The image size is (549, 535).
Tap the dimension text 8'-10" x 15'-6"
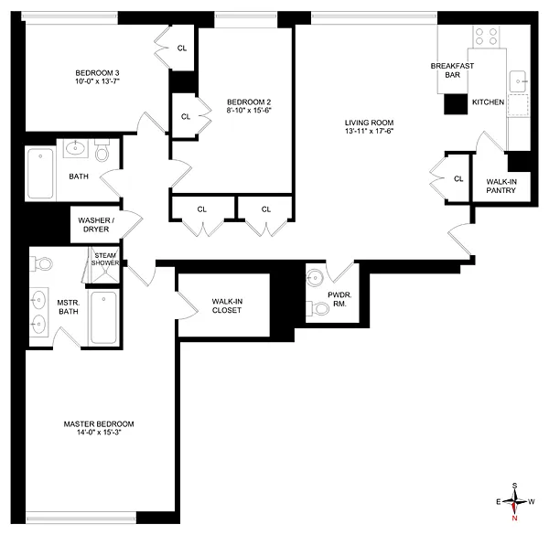(x=250, y=111)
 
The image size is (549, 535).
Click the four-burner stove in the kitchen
(x=487, y=37)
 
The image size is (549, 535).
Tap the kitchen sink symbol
(x=519, y=79)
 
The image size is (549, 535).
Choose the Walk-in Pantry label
(x=501, y=187)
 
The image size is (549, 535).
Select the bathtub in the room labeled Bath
(x=39, y=174)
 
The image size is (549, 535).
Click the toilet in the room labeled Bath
(x=101, y=150)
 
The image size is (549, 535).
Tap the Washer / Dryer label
(x=95, y=225)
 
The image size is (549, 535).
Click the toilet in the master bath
(x=43, y=264)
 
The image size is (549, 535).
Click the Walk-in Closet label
(x=226, y=305)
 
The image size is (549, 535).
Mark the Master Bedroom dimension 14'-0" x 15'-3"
(x=99, y=435)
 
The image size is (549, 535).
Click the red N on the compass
(x=515, y=519)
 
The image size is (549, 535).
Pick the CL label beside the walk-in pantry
(x=458, y=178)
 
